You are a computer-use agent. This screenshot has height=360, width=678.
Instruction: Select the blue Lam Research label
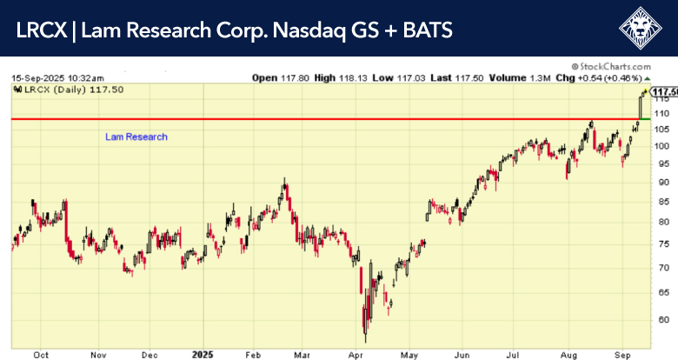tap(136, 137)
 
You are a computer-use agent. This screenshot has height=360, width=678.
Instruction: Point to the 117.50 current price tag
tap(664, 91)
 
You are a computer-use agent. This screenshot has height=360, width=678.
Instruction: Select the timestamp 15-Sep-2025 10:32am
tap(57, 77)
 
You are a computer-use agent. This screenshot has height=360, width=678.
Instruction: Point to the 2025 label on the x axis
tap(201, 355)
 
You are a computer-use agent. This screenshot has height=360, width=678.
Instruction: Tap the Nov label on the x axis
tap(97, 355)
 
